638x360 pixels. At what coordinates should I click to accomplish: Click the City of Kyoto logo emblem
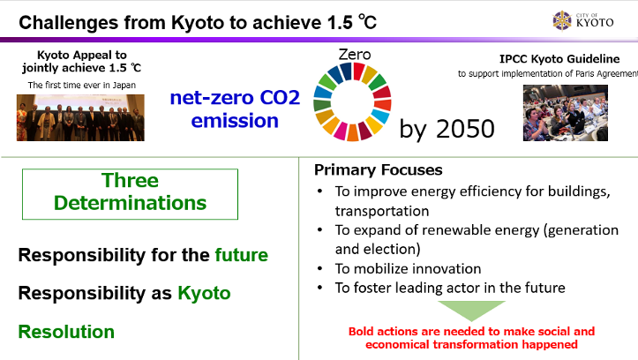(x=562, y=20)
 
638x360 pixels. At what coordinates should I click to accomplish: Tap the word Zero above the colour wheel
(x=355, y=55)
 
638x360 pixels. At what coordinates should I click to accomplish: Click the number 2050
(x=465, y=129)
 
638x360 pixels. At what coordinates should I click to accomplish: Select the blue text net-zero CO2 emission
(x=235, y=109)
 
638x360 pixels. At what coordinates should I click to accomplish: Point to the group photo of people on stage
(x=80, y=117)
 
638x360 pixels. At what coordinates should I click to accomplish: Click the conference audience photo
(x=565, y=113)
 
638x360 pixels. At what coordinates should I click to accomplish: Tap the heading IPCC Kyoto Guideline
(x=559, y=59)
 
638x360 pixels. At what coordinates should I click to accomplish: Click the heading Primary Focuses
(x=378, y=170)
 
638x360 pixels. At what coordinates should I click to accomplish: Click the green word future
(x=241, y=255)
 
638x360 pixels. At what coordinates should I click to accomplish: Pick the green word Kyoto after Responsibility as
(x=204, y=293)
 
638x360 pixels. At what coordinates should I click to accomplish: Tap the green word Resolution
(x=66, y=332)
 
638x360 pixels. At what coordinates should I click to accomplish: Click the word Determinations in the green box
(x=131, y=203)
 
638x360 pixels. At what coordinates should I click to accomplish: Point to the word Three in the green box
(x=131, y=180)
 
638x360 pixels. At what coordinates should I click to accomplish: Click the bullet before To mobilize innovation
(x=320, y=268)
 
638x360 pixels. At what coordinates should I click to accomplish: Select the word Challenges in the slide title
(x=68, y=23)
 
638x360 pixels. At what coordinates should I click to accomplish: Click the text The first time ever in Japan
(x=82, y=85)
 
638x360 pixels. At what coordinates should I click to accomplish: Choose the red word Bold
(x=361, y=332)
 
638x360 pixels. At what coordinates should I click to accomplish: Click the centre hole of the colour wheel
(x=352, y=101)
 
